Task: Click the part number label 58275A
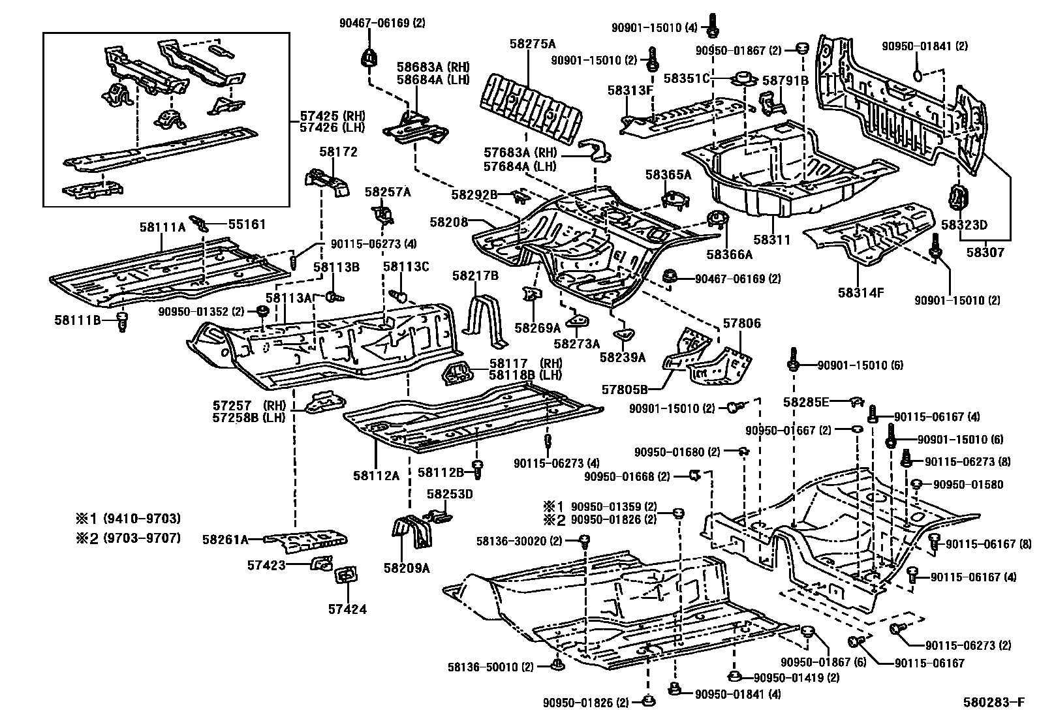(x=533, y=44)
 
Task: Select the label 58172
(x=338, y=151)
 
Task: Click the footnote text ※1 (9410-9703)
(x=129, y=519)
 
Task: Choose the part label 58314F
(x=861, y=293)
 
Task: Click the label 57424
(x=347, y=609)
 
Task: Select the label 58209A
(x=407, y=568)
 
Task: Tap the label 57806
(x=741, y=324)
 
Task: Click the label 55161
(x=247, y=224)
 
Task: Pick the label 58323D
(x=963, y=225)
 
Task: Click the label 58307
(x=985, y=252)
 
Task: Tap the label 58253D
(x=450, y=494)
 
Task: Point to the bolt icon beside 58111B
(x=121, y=321)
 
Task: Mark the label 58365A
(x=668, y=174)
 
